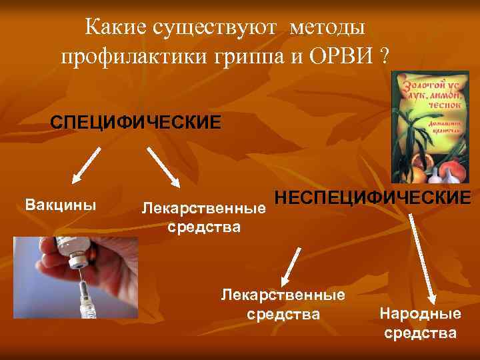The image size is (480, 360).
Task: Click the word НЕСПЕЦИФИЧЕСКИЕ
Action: click(x=373, y=198)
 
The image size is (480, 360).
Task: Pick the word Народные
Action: click(x=420, y=314)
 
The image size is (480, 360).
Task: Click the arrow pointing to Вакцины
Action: click(x=85, y=165)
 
